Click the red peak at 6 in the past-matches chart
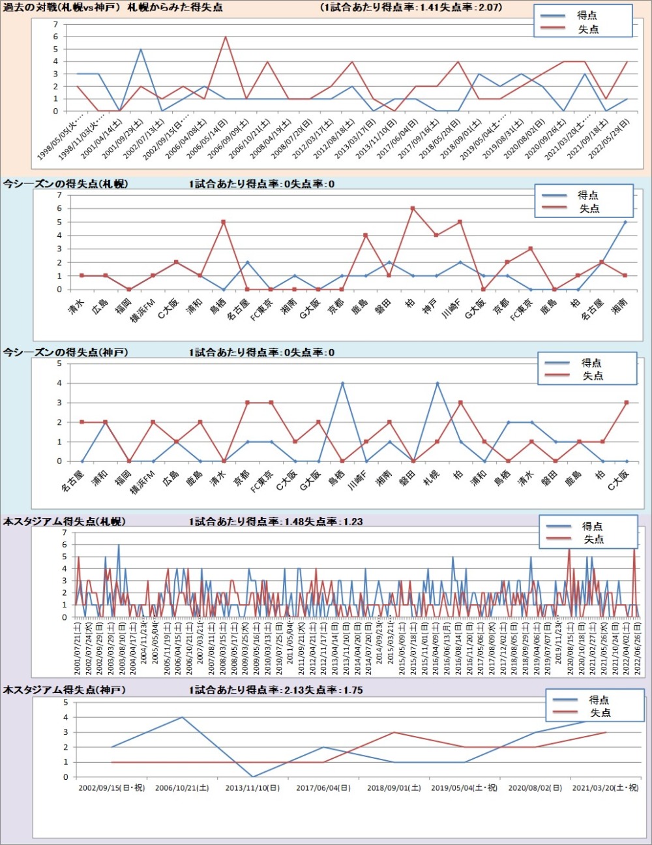tap(226, 37)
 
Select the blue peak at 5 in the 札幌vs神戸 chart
tap(141, 49)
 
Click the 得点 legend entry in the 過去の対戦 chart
tap(587, 15)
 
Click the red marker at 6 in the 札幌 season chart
tap(412, 209)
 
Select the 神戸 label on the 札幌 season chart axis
tap(429, 306)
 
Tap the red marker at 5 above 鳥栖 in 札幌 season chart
tap(223, 222)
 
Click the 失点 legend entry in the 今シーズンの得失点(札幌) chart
tap(589, 208)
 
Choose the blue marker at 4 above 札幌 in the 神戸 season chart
tap(437, 383)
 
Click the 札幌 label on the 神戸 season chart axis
tap(431, 477)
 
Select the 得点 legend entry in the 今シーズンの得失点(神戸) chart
tap(591, 363)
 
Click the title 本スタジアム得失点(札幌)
tap(65, 521)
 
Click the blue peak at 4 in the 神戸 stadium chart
tap(182, 717)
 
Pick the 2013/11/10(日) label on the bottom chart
tap(252, 788)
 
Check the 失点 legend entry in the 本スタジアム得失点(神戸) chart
tap(600, 713)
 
